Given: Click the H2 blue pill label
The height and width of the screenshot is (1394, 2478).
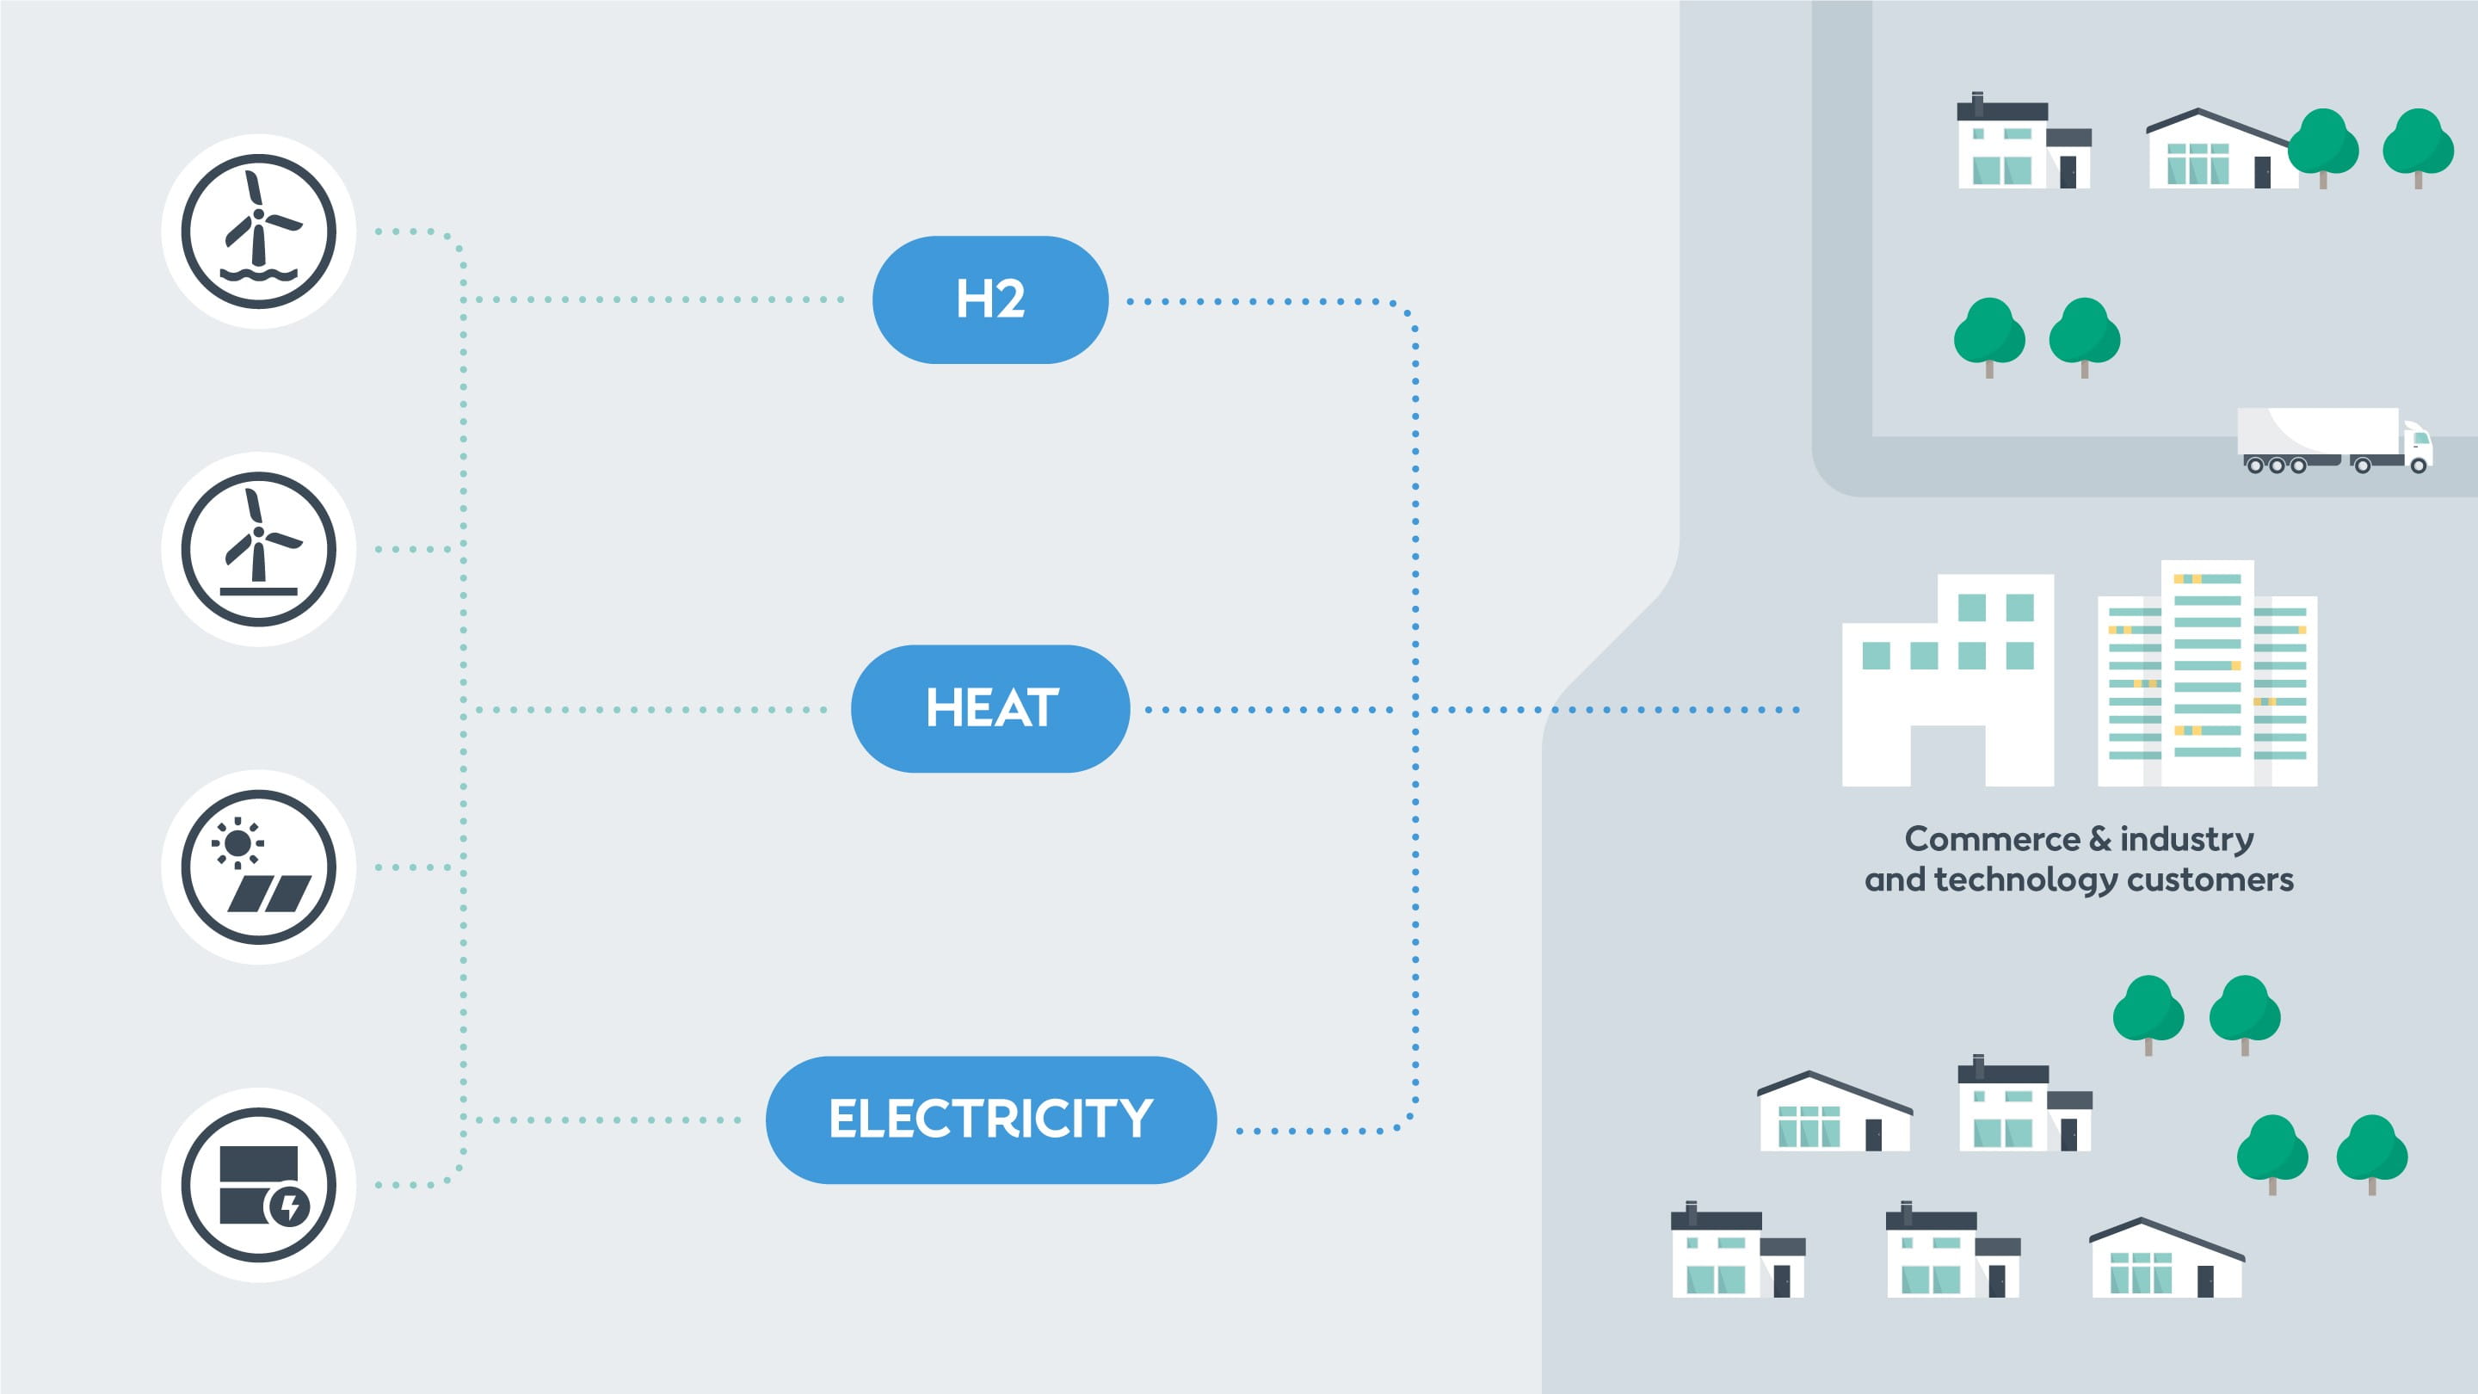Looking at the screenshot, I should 989,299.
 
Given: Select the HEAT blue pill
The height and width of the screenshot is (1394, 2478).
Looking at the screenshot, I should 989,708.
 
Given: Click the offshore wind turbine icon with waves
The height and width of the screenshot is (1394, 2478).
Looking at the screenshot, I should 259,231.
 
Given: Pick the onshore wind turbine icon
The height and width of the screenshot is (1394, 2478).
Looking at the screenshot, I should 259,548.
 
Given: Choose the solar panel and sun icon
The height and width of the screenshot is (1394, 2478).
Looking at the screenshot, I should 259,867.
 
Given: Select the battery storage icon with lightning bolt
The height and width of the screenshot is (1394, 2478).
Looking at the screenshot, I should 259,1184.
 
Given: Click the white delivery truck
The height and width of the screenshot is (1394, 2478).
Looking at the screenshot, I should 2332,441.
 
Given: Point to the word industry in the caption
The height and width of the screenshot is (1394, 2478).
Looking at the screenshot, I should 2186,840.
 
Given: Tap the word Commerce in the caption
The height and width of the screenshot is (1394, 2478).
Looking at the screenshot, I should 1992,840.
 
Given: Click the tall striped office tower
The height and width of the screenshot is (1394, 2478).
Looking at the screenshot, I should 2207,674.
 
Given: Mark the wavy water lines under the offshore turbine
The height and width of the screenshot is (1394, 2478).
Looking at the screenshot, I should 259,275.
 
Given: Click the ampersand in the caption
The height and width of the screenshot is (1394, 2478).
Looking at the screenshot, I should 2100,840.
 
